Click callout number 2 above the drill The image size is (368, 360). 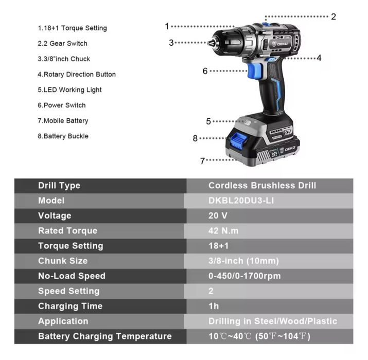point(334,16)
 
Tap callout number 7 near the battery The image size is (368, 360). point(202,160)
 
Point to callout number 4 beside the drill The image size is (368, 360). point(319,58)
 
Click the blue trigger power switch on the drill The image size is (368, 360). point(253,70)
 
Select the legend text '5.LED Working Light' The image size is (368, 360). point(69,90)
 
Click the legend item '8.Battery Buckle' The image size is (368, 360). point(63,136)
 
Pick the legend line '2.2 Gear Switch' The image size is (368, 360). point(62,44)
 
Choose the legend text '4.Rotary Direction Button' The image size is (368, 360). point(76,75)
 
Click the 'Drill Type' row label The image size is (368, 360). point(59,186)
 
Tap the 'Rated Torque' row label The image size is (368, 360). point(67,231)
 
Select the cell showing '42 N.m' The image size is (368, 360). point(223,231)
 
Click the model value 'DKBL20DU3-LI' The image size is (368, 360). point(241,201)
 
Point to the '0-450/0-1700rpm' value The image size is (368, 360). point(244,276)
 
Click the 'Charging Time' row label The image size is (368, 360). point(70,306)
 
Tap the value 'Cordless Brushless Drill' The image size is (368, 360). point(262,186)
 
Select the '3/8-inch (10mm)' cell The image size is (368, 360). point(243,261)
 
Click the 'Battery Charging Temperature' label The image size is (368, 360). point(104,336)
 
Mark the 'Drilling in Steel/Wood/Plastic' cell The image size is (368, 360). point(272,321)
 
